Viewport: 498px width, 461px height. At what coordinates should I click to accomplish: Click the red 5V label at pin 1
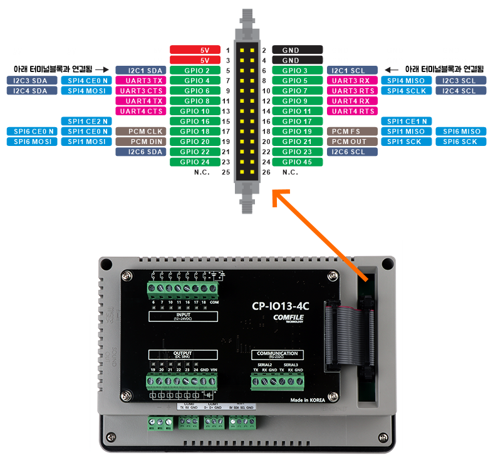pyautogui.click(x=195, y=50)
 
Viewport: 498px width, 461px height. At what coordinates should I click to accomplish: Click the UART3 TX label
pyautogui.click(x=140, y=81)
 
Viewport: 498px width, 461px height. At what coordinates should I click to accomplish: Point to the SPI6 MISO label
pyautogui.click(x=462, y=132)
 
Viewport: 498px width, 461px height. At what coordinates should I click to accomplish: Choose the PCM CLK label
pyautogui.click(x=140, y=132)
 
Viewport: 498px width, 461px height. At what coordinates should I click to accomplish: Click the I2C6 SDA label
pyautogui.click(x=140, y=152)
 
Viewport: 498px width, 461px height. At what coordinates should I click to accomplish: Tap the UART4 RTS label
pyautogui.click(x=352, y=111)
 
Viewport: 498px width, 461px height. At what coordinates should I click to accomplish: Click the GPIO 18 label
pyautogui.click(x=195, y=132)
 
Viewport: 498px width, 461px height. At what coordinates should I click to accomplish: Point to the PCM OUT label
pyautogui.click(x=352, y=142)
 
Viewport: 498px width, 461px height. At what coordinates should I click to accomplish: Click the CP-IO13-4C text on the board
pyautogui.click(x=281, y=307)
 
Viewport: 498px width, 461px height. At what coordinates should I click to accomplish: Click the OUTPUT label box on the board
pyautogui.click(x=183, y=355)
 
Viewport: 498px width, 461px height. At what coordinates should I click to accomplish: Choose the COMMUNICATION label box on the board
pyautogui.click(x=278, y=355)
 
